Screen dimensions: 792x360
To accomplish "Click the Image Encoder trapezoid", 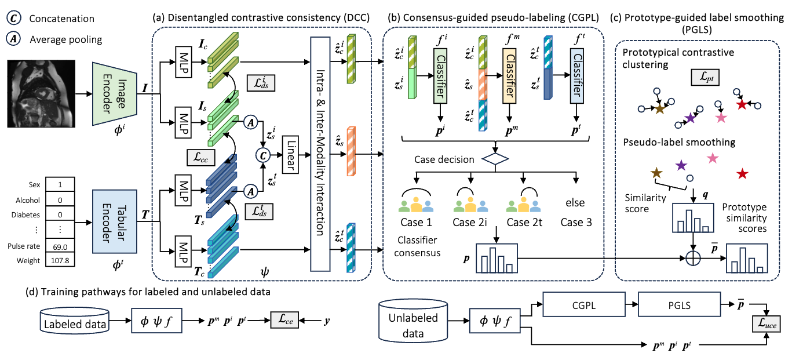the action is click(115, 94).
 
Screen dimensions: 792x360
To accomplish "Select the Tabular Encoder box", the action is click(115, 221).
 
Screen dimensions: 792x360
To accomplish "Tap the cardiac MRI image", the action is click(41, 94).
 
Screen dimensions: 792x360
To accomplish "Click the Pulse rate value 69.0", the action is click(60, 246).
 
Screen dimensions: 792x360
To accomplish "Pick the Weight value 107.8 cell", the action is click(60, 261).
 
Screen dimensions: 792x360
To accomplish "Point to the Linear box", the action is click(290, 155).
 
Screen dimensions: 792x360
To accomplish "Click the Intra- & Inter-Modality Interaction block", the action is click(320, 154).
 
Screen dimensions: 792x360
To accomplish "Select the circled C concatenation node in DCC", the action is click(263, 155).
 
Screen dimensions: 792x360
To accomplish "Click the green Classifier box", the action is click(440, 76).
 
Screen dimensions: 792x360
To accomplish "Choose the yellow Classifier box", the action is click(509, 76).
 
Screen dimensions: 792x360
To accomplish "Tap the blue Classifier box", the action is click(576, 76).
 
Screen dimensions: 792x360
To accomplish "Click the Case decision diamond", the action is click(495, 159).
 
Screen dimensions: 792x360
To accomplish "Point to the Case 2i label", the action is click(470, 223).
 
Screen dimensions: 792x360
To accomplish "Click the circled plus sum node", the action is click(693, 258).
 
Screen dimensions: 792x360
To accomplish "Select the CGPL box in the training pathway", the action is click(584, 304).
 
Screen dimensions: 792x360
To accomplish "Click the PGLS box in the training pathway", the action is click(679, 304).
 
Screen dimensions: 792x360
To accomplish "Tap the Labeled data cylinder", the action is click(75, 321).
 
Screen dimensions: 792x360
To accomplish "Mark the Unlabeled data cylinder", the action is click(413, 321).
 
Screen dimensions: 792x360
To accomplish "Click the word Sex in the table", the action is click(34, 184).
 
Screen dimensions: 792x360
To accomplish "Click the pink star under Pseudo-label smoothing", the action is click(713, 158).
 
